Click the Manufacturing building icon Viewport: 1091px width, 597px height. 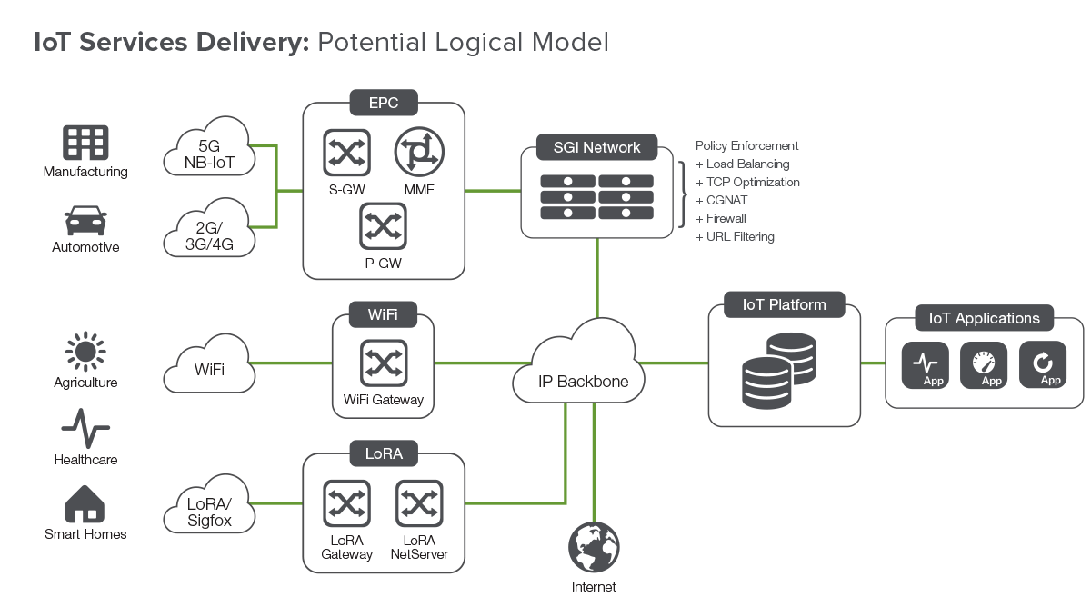(x=85, y=143)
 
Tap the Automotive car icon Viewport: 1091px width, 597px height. (x=85, y=221)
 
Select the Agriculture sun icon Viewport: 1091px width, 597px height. (x=85, y=351)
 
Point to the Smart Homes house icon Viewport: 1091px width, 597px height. (x=85, y=504)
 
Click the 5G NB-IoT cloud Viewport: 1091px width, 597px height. (x=209, y=146)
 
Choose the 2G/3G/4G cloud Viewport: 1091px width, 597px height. (x=209, y=228)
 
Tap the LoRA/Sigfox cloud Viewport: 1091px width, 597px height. (x=209, y=504)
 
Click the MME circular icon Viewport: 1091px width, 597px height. (x=419, y=152)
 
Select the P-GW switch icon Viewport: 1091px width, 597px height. (x=384, y=226)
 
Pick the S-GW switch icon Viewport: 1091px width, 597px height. (x=346, y=153)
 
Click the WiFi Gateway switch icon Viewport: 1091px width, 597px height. (x=384, y=363)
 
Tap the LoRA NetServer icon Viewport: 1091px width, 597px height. (x=419, y=503)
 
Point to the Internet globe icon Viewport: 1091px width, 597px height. (x=594, y=547)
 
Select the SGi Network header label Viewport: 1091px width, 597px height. (x=596, y=147)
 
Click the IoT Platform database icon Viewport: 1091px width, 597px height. (x=779, y=371)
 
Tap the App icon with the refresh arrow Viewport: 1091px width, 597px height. (x=1043, y=364)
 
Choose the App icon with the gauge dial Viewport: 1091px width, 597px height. (x=984, y=364)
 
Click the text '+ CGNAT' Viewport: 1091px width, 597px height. (x=721, y=200)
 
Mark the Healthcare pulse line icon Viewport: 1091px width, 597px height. (x=85, y=428)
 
